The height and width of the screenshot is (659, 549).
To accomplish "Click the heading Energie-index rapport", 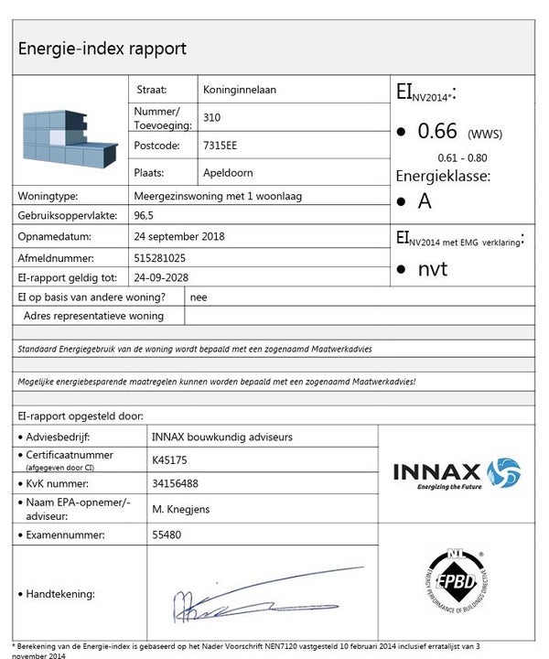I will tap(102, 48).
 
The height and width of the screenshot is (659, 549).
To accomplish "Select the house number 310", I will tap(211, 117).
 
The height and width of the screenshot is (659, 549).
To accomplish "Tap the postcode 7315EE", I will tap(221, 145).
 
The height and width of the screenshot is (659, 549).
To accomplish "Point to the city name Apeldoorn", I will tap(228, 172).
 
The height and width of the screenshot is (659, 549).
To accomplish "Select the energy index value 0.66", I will tap(437, 132).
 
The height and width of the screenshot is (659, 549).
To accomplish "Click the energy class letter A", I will tap(425, 200).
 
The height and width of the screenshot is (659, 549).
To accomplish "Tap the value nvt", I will tap(433, 269).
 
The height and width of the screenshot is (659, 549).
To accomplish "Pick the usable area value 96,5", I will tap(144, 216).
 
